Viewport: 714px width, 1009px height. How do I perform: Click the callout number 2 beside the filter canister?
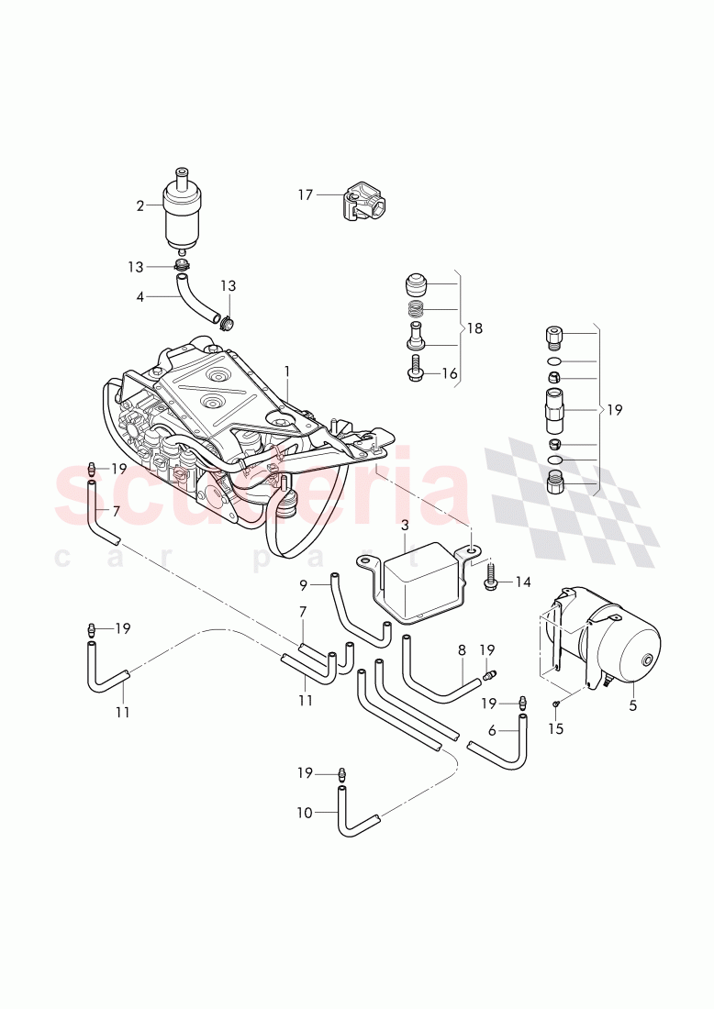(x=140, y=206)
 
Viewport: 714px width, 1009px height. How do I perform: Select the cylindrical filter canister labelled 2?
(x=183, y=210)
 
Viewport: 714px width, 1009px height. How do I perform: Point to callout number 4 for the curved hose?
(x=140, y=296)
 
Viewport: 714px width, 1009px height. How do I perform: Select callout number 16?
(x=451, y=373)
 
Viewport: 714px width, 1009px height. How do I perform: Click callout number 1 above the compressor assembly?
(x=287, y=371)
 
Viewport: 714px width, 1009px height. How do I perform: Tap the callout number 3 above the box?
(x=405, y=526)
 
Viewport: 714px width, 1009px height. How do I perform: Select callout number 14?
(x=522, y=582)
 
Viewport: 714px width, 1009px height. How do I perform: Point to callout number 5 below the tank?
(x=632, y=706)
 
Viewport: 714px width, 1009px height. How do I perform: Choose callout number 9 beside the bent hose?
(x=305, y=583)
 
